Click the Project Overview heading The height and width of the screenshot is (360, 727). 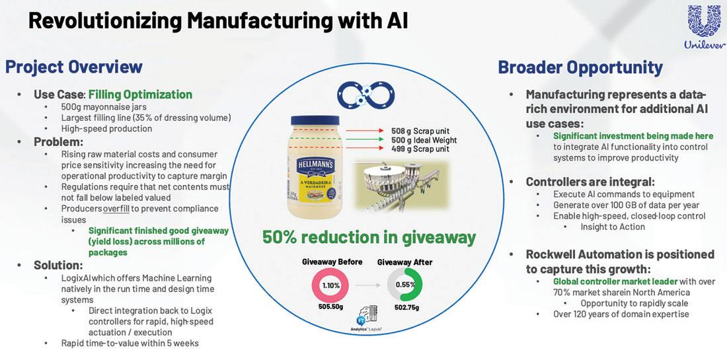[74, 67]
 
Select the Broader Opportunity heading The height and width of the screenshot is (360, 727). [580, 67]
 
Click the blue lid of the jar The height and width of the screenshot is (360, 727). [315, 122]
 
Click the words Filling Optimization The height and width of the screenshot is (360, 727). [140, 94]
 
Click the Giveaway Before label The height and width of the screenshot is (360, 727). [332, 262]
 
